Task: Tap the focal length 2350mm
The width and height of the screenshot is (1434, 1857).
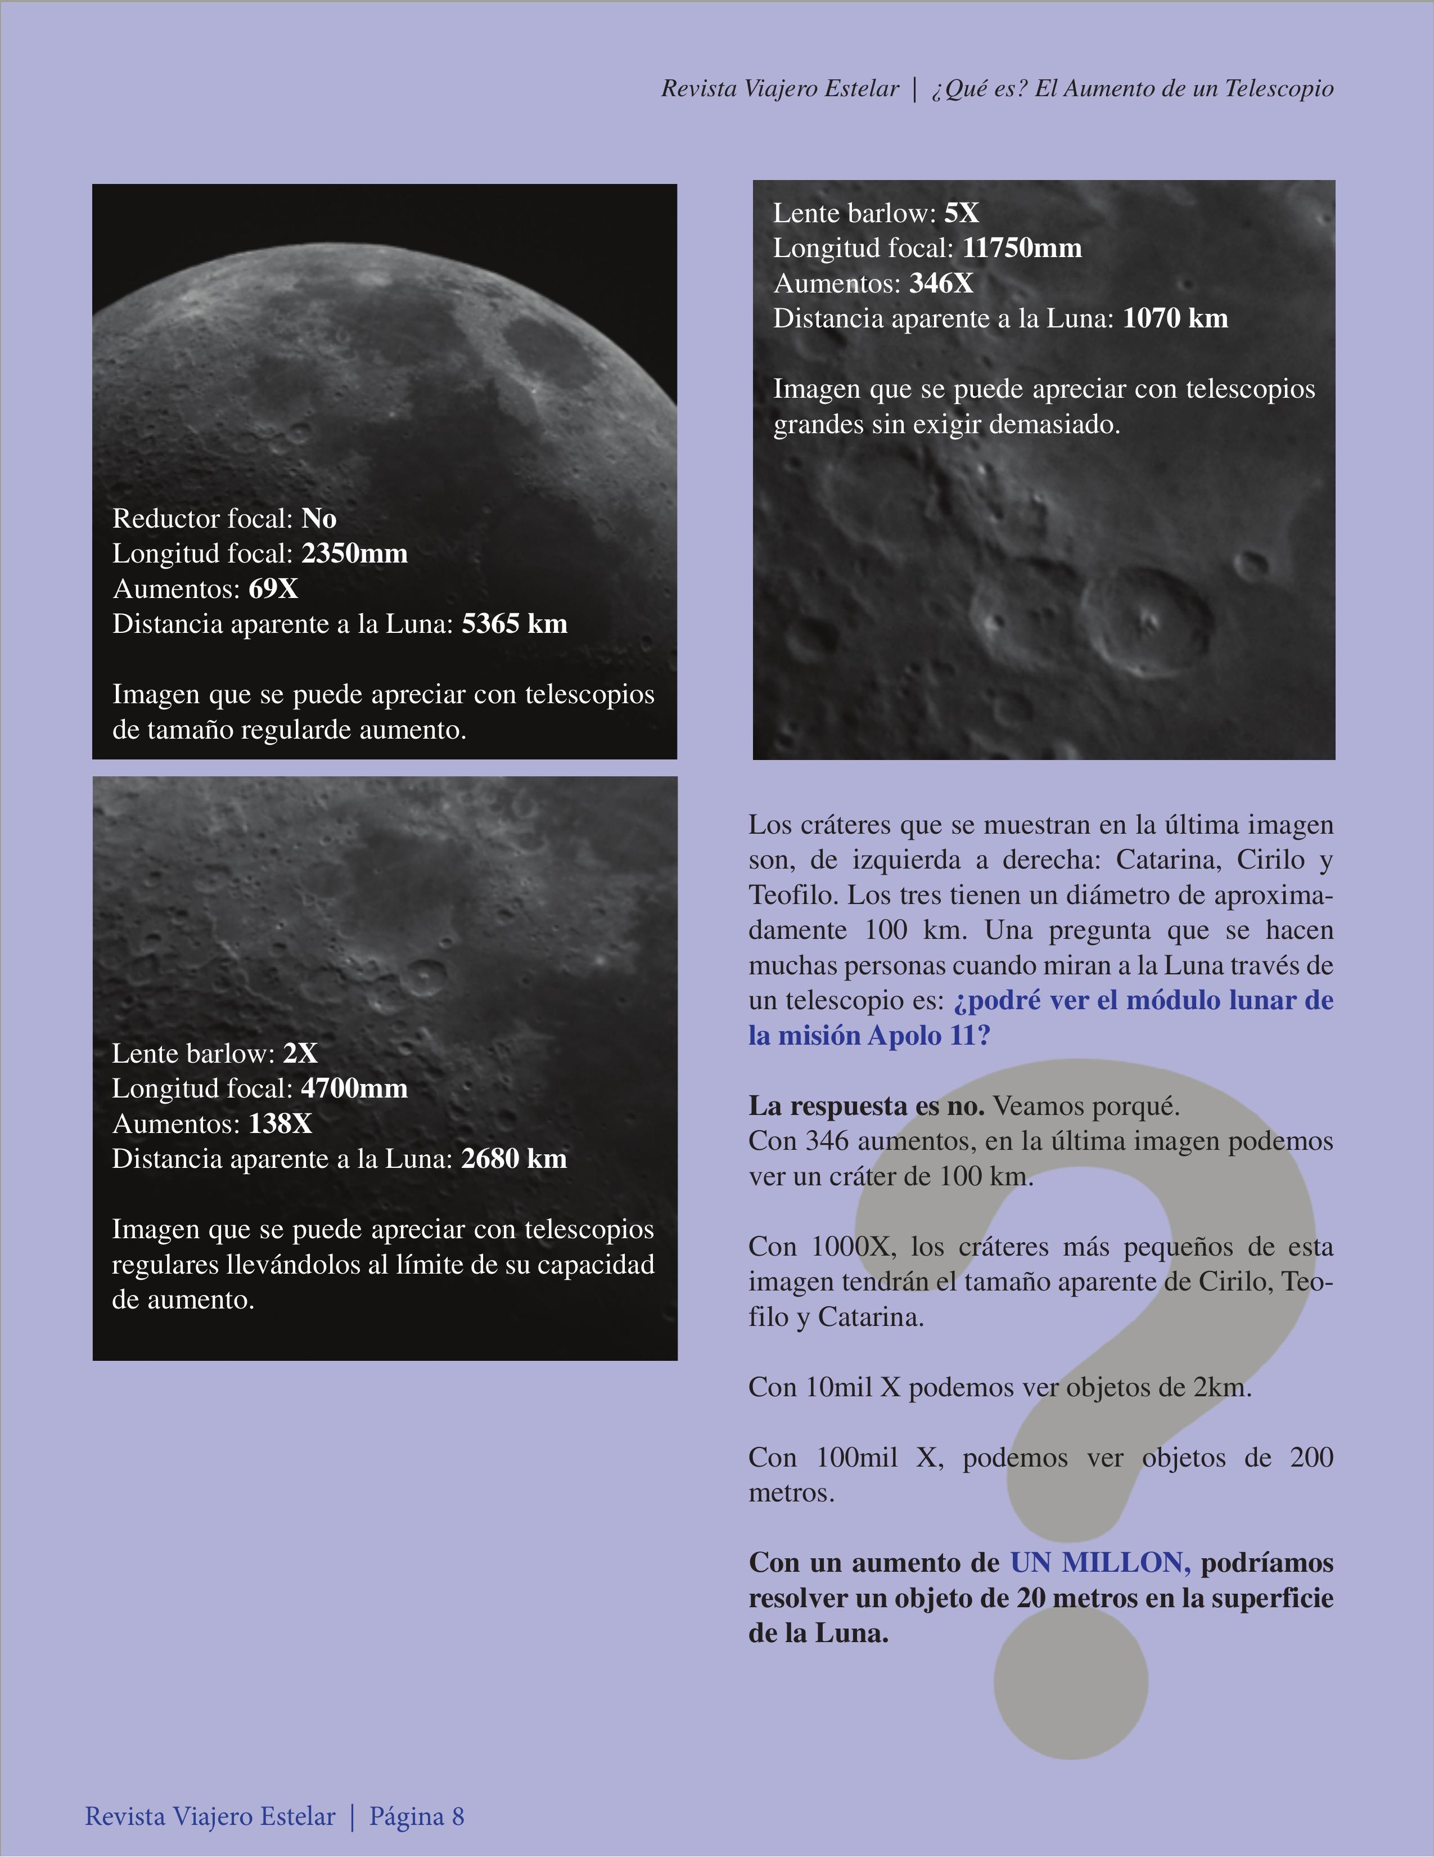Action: [x=354, y=554]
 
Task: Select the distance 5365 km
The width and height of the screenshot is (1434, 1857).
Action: [x=514, y=624]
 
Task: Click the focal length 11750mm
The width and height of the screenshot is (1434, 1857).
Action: [x=1022, y=248]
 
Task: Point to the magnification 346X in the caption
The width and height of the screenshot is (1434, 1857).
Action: [x=941, y=283]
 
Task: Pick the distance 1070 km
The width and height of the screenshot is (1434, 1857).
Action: [x=1175, y=319]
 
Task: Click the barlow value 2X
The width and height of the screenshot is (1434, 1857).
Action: [x=300, y=1054]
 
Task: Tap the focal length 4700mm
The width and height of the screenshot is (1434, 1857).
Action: [x=354, y=1089]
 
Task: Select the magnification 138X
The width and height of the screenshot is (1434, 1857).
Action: [x=281, y=1124]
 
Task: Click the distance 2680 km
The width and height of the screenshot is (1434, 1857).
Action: [x=513, y=1159]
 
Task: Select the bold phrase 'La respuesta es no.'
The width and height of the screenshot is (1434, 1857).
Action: [x=866, y=1106]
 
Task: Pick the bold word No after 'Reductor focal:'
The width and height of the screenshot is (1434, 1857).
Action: [x=319, y=519]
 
